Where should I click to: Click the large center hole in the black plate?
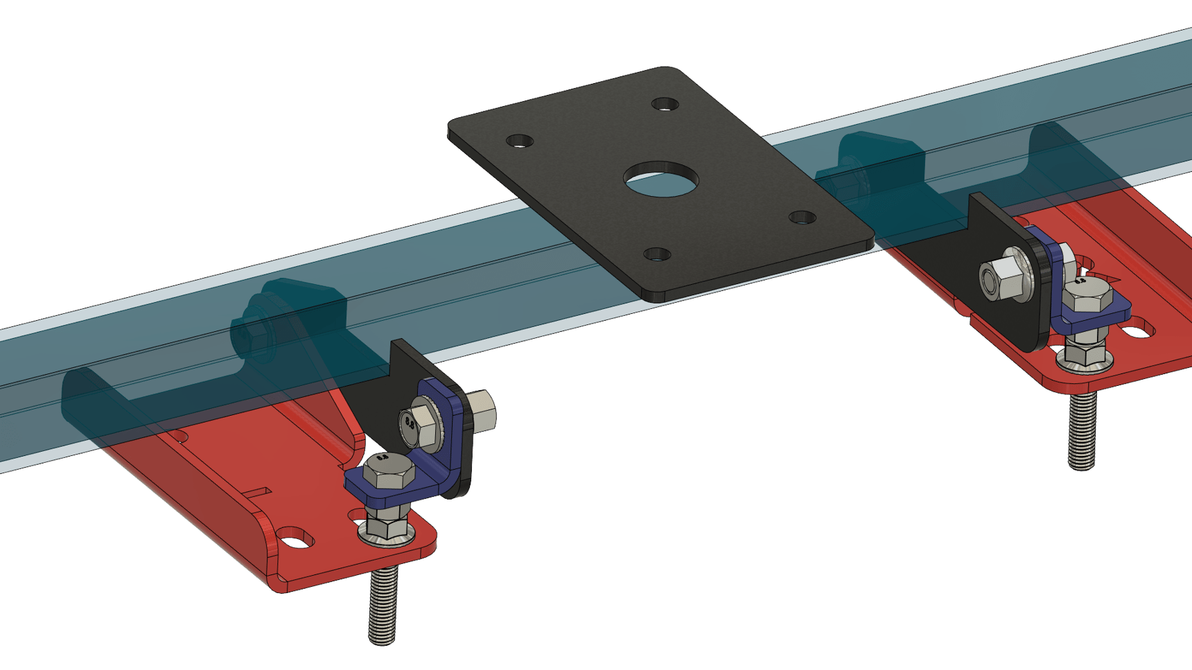tap(660, 179)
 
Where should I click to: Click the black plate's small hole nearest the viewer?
tap(657, 254)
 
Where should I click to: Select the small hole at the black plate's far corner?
tap(665, 105)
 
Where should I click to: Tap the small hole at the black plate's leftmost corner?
tap(520, 141)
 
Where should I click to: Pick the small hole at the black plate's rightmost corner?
tap(803, 218)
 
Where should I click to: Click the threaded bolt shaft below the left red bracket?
tap(383, 606)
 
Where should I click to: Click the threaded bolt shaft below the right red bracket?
tap(1082, 433)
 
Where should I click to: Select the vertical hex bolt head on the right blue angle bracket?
tap(1086, 296)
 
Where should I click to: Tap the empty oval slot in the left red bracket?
tap(295, 538)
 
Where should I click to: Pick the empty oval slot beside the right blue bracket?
tap(1137, 333)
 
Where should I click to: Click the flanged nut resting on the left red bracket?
tap(385, 527)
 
